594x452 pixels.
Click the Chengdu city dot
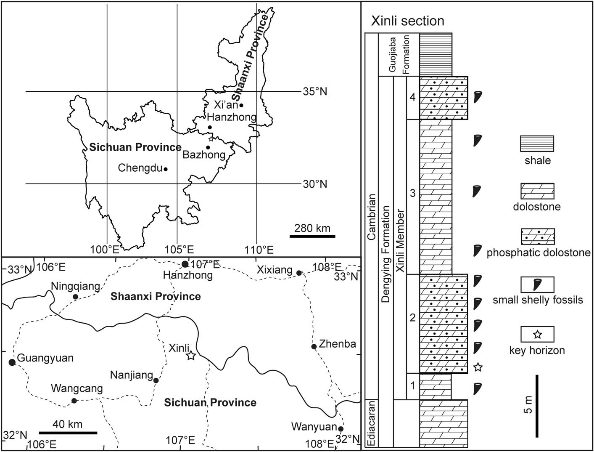(x=166, y=169)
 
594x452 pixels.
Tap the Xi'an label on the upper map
(x=226, y=105)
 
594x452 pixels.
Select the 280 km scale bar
(x=312, y=236)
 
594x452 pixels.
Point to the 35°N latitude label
(x=314, y=91)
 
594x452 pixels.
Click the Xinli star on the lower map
(x=191, y=356)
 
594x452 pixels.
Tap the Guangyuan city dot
(x=12, y=362)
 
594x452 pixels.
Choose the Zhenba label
(x=337, y=344)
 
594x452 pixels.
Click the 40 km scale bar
(x=68, y=433)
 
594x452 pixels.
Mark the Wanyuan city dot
(x=341, y=429)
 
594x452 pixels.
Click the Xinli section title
(x=407, y=21)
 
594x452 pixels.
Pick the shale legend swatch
(x=537, y=144)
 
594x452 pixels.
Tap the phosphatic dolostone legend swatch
(x=537, y=237)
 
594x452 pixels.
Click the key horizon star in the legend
(x=537, y=335)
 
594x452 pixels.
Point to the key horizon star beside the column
(x=478, y=367)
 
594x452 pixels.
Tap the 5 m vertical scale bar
(x=537, y=406)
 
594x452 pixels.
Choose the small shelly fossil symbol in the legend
(x=537, y=284)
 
